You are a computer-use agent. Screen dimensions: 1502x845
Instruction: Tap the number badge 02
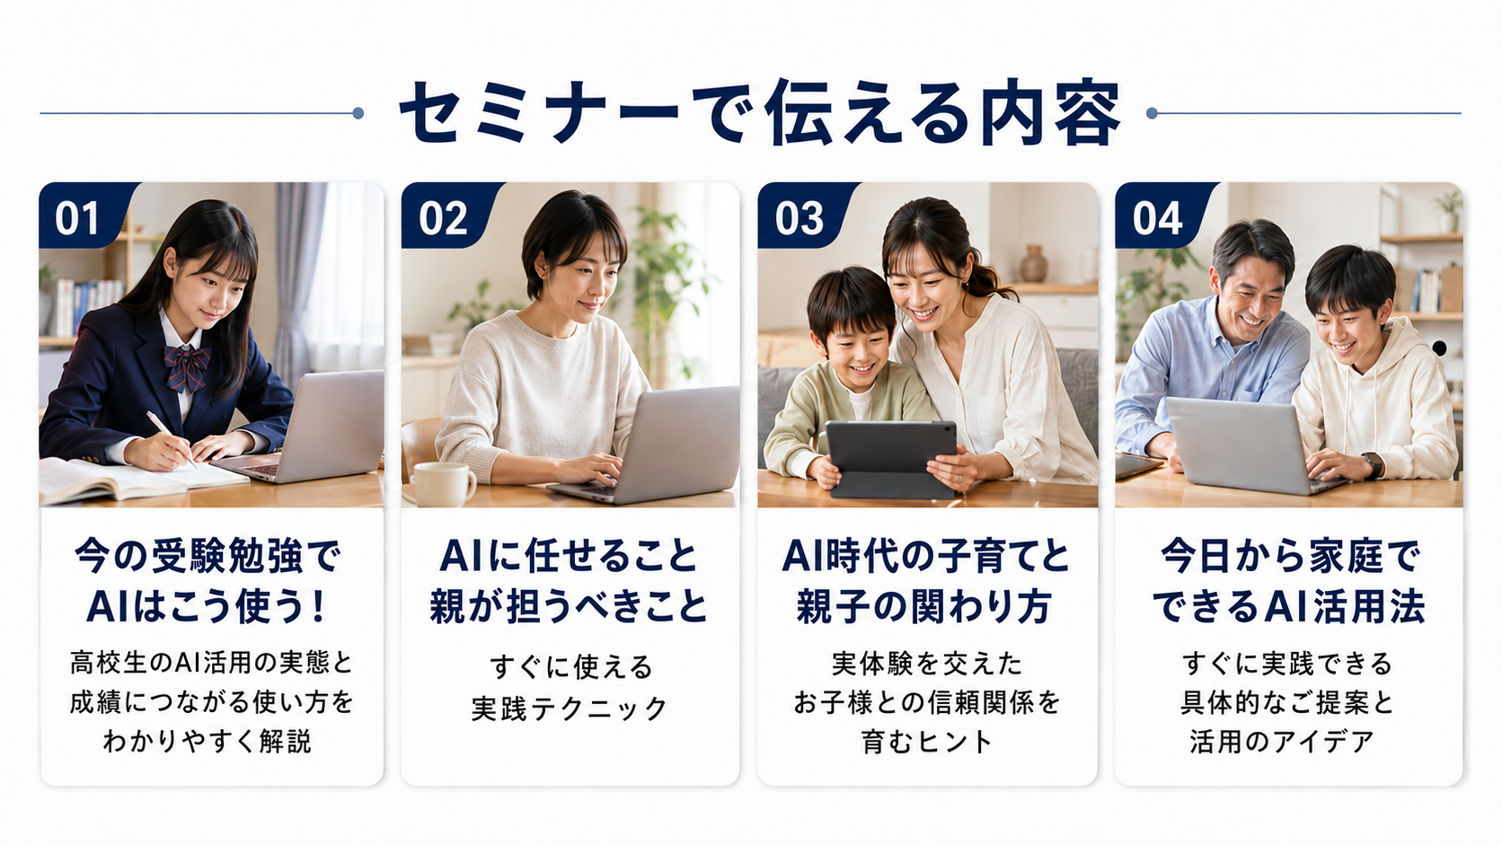(x=444, y=216)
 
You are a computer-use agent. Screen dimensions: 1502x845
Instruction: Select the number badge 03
(x=800, y=216)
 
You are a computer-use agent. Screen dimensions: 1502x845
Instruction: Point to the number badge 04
(x=1158, y=216)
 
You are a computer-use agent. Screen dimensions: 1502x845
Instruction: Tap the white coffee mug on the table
(x=443, y=484)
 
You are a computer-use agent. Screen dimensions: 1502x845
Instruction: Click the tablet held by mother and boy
(x=892, y=459)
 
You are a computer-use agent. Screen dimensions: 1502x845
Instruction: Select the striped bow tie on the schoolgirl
(x=187, y=367)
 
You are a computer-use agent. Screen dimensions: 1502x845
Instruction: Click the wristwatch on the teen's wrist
(x=1372, y=465)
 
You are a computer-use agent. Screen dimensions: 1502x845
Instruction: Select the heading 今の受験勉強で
(x=208, y=556)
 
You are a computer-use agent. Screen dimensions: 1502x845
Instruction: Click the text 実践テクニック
(x=570, y=709)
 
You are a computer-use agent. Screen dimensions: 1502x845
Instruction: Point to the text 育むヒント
(x=927, y=742)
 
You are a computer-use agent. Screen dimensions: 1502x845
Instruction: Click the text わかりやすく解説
(x=208, y=742)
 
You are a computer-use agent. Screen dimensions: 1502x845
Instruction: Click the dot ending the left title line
(x=358, y=113)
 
